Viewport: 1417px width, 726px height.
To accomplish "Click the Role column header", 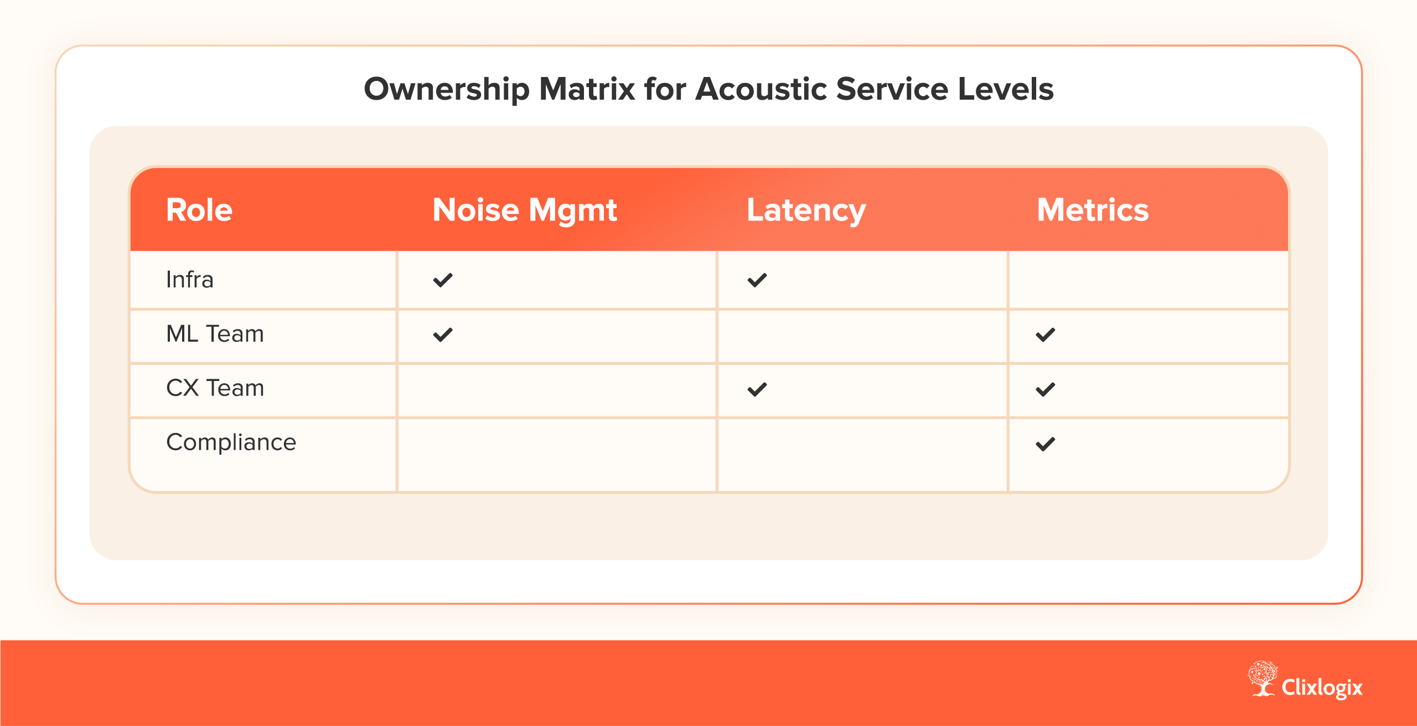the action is [x=199, y=210].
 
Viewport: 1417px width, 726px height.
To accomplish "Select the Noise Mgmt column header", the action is [x=525, y=211].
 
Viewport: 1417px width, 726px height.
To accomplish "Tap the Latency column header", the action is [x=806, y=211].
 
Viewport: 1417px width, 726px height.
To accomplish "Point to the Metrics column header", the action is [x=1093, y=210].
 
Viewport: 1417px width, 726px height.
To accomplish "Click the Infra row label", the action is [x=190, y=280].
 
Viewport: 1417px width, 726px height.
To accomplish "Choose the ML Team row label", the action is [x=215, y=334].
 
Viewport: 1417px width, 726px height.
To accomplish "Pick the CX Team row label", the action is [x=215, y=388].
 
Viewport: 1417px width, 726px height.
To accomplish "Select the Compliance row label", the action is [x=231, y=442].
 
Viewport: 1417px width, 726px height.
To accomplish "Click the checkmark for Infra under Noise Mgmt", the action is [x=443, y=280].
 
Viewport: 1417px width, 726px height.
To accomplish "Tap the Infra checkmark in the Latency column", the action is [x=757, y=280].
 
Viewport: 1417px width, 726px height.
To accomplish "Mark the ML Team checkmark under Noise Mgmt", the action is [x=443, y=334].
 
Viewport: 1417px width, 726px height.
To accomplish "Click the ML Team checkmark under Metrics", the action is [x=1046, y=334].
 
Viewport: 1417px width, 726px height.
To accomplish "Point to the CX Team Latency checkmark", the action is [x=757, y=389].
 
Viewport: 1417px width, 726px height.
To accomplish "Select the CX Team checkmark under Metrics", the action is [x=1046, y=389].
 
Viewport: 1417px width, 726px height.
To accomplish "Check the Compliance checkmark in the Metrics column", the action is [x=1046, y=444].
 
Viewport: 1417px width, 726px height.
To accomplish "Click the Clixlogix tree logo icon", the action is [x=1263, y=678].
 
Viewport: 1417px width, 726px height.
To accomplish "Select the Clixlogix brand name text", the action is [x=1322, y=688].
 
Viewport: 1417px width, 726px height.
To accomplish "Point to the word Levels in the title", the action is [x=1006, y=89].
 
